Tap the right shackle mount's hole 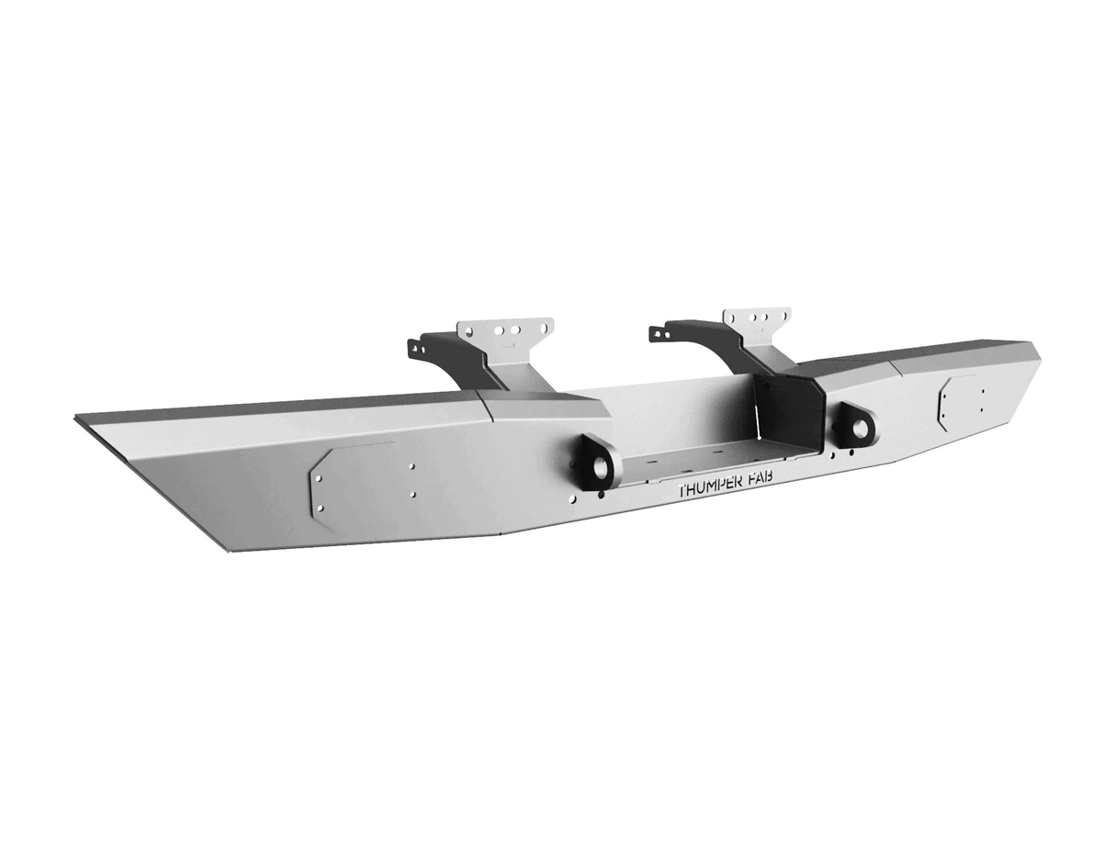pyautogui.click(x=861, y=428)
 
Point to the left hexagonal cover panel pyautogui.click(x=354, y=485)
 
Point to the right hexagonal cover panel pyautogui.click(x=957, y=401)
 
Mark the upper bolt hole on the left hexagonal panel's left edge pyautogui.click(x=319, y=479)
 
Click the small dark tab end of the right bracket pyautogui.click(x=658, y=333)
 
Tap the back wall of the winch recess pyautogui.click(x=680, y=413)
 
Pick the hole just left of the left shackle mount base pyautogui.click(x=572, y=498)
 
